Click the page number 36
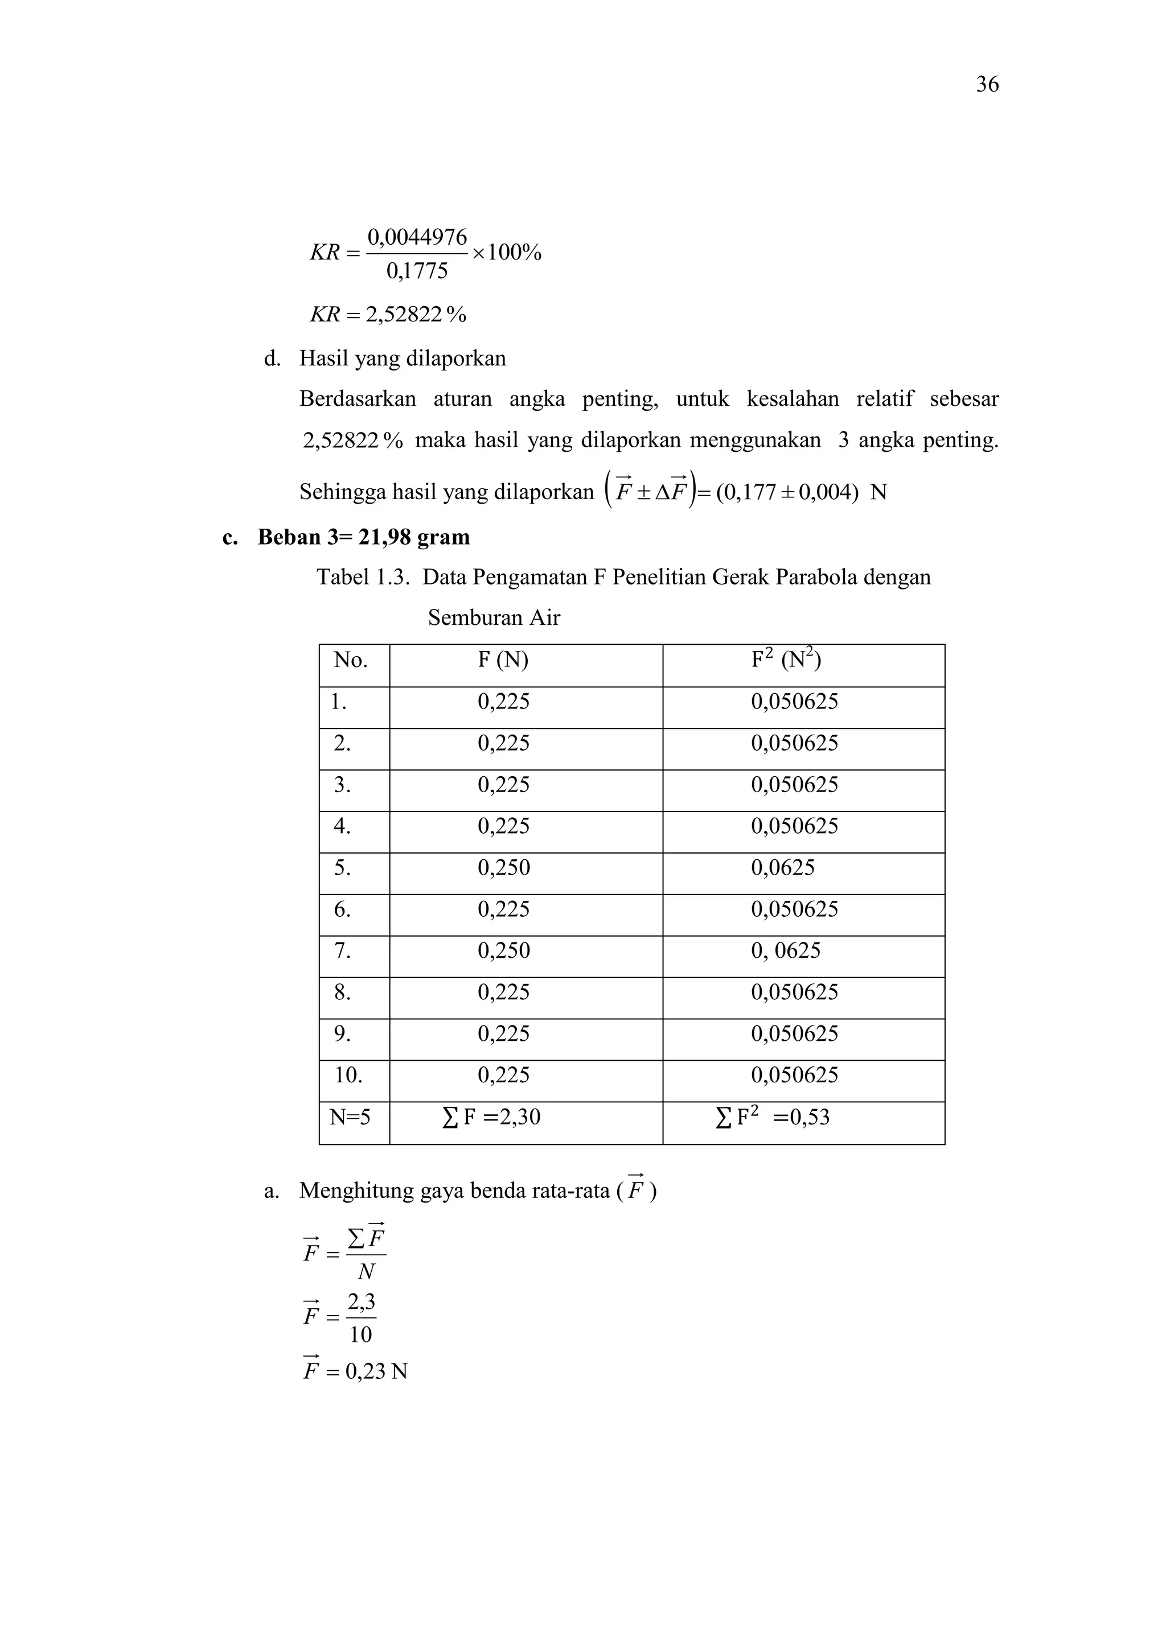987,85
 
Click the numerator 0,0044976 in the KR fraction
417,237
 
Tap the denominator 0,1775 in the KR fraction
417,271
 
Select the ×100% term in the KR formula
507,253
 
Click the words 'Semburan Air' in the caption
494,617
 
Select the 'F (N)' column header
503,660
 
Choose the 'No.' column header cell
350,660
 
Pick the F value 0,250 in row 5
503,868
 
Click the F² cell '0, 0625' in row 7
786,950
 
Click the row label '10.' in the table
349,1075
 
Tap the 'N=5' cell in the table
350,1117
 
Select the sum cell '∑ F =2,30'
492,1118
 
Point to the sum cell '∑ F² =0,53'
773,1118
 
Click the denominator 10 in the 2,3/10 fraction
360,1334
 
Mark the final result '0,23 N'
376,1371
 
